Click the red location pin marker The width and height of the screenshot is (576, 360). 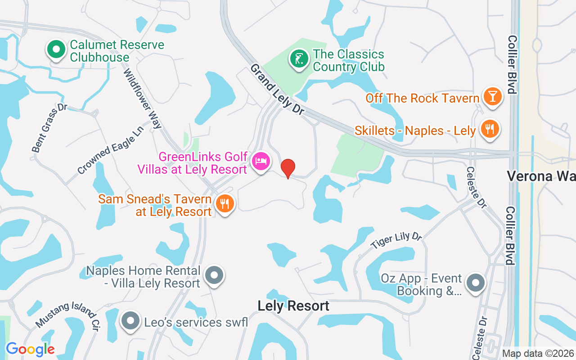[x=288, y=168]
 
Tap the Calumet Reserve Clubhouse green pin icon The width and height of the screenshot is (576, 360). [x=56, y=50]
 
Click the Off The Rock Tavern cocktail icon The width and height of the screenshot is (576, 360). [x=492, y=97]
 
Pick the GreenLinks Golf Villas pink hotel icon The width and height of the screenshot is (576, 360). [x=261, y=161]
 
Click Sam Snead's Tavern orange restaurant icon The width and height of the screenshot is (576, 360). [x=224, y=204]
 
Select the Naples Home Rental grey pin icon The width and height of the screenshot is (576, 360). [x=214, y=275]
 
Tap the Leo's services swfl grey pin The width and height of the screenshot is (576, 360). [x=130, y=321]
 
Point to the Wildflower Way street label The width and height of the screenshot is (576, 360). [x=143, y=99]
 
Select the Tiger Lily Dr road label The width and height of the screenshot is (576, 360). [x=396, y=241]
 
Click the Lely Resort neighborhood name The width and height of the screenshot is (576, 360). [x=293, y=306]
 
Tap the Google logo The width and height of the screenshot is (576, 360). [x=30, y=349]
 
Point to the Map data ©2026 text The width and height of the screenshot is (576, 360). [x=538, y=353]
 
